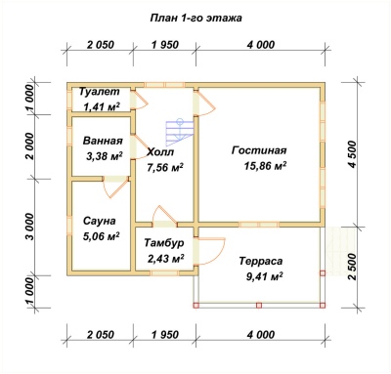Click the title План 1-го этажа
coord(195,18)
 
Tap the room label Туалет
coord(100,92)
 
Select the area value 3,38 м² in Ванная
coord(103,156)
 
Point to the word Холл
coord(160,152)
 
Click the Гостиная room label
coord(259,150)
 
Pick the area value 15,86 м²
coord(266,166)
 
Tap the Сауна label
coord(99,222)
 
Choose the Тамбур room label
coord(164,243)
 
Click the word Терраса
coord(261,261)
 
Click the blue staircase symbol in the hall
coord(180,132)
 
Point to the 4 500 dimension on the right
coord(352,154)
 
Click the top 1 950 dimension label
coord(165,45)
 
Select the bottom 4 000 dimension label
coord(261,334)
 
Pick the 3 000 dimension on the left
coord(29,227)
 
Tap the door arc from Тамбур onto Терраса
coord(211,251)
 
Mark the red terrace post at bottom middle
coord(259,306)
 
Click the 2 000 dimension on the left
coord(29,145)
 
